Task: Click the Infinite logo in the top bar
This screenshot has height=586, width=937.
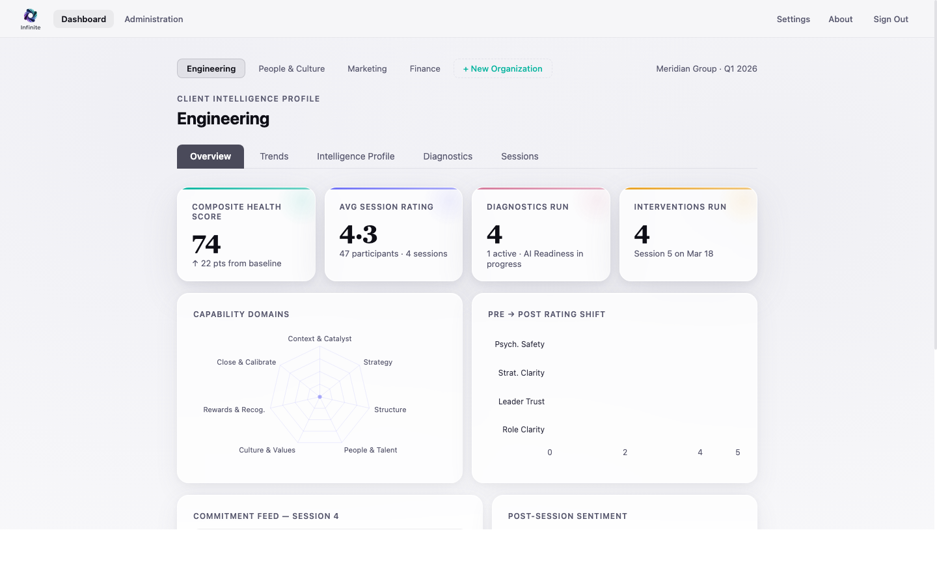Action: (30, 18)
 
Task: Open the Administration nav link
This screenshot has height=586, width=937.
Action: (154, 19)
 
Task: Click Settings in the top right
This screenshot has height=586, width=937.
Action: (793, 19)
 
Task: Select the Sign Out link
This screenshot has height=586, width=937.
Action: (890, 19)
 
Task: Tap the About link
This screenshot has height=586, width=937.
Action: (840, 19)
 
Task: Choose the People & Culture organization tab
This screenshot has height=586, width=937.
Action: (292, 68)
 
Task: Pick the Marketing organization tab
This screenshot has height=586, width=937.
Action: (367, 68)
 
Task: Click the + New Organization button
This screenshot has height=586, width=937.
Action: (502, 68)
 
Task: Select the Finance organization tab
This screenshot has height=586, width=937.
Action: (425, 68)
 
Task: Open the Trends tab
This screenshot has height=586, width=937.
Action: (274, 156)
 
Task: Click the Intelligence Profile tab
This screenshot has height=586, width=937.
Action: (355, 156)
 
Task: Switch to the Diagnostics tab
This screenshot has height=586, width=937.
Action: (448, 156)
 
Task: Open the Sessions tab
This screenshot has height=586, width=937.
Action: (519, 156)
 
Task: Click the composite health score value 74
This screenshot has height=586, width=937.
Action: (206, 244)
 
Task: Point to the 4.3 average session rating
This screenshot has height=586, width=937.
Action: (358, 234)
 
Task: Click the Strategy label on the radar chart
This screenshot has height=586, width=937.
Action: (377, 362)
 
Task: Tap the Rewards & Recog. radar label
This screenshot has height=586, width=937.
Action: (234, 410)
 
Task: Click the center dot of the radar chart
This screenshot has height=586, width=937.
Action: (319, 397)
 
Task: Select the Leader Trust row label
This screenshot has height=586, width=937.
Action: (521, 401)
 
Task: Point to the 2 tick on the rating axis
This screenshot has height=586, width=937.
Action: (625, 452)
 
